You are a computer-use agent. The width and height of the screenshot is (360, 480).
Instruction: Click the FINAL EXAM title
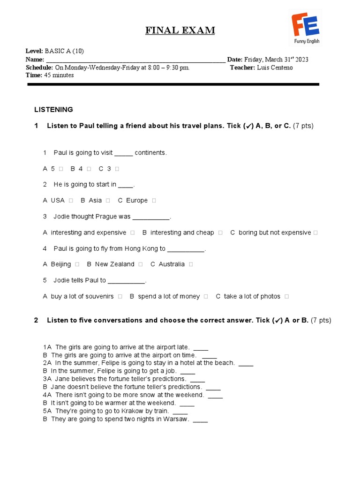point(180,31)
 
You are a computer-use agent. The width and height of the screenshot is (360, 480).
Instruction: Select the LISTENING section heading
point(53,110)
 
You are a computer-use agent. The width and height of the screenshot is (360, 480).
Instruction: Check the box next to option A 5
point(61,169)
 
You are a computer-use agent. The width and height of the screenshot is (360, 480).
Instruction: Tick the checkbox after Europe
point(154,201)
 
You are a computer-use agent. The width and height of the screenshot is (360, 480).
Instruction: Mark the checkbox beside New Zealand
point(141,264)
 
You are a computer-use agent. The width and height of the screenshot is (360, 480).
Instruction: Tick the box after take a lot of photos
point(286,296)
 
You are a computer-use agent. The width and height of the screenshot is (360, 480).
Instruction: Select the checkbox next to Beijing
point(77,264)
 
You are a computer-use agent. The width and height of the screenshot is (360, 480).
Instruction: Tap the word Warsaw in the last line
point(176,419)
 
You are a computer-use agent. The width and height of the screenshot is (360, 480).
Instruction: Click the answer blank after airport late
point(201,347)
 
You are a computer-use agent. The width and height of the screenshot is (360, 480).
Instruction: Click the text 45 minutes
point(59,75)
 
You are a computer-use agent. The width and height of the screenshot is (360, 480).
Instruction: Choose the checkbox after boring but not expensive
point(315,232)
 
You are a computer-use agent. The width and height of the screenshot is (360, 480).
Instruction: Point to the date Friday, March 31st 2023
point(276,60)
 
